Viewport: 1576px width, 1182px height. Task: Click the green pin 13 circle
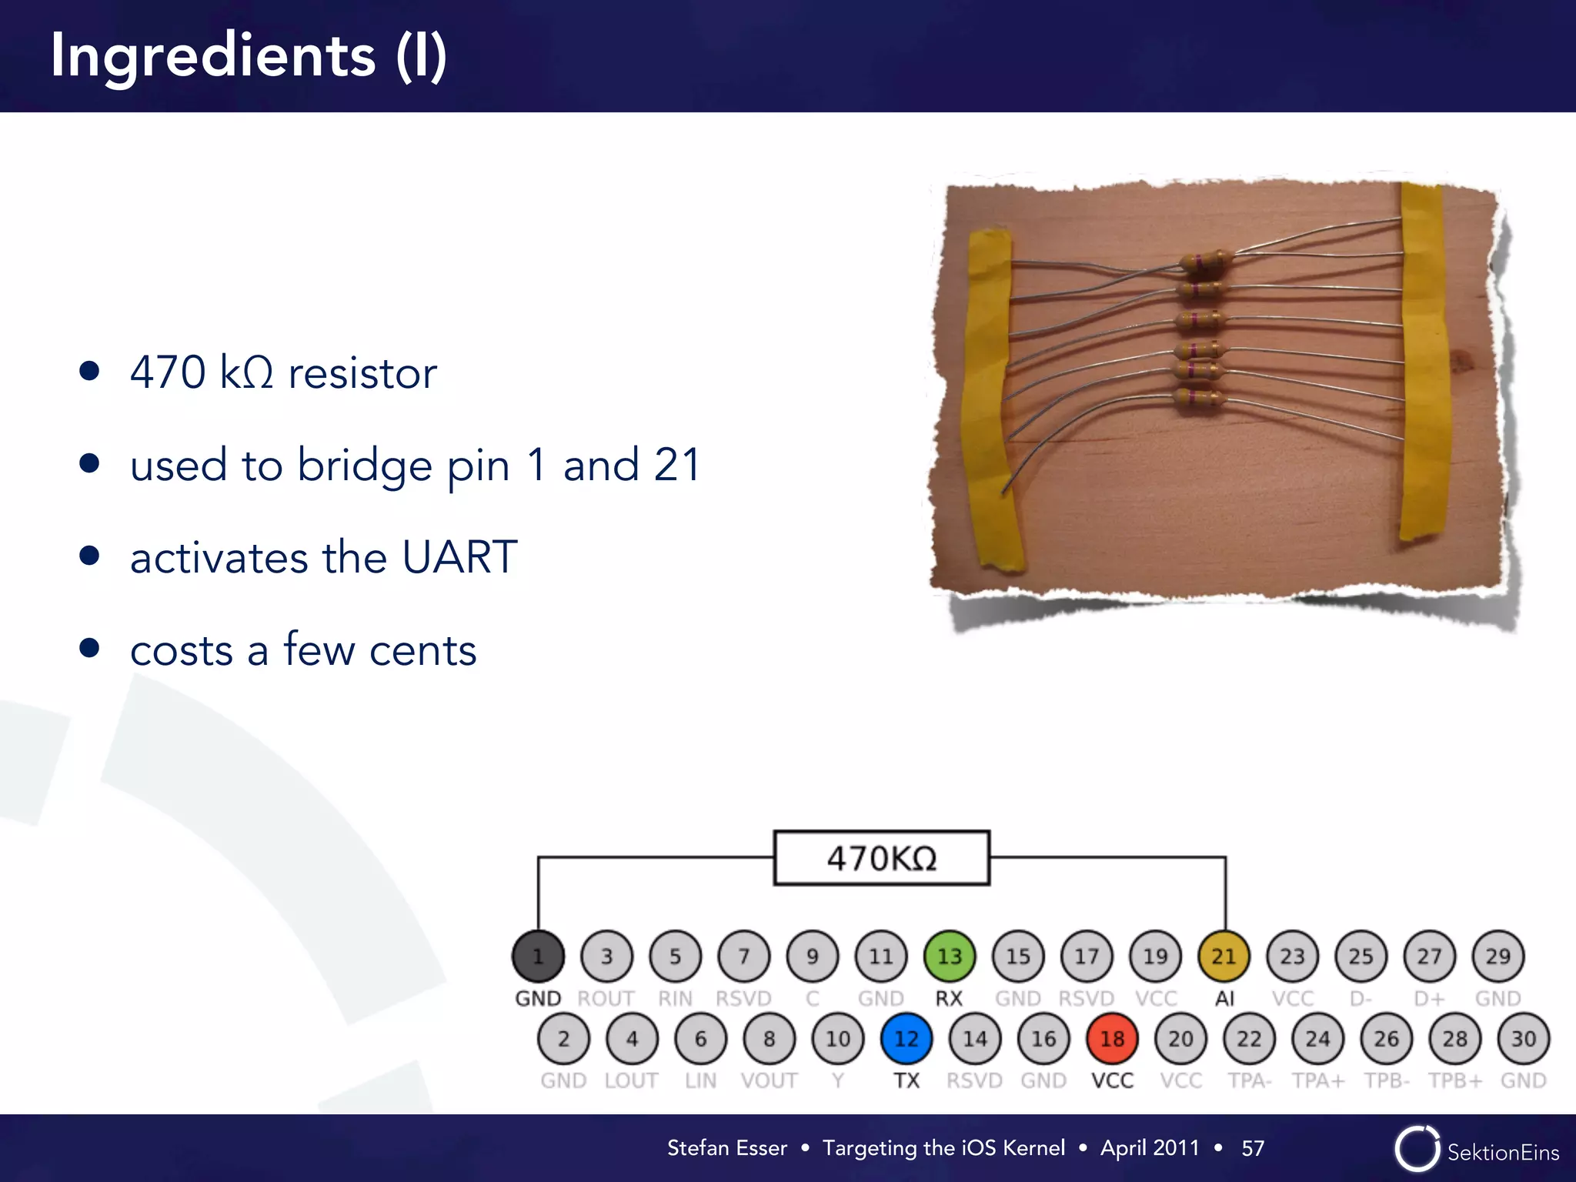pyautogui.click(x=950, y=957)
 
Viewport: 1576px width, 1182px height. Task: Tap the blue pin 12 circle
pyautogui.click(x=907, y=1039)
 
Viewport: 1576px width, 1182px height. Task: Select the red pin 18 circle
pyautogui.click(x=1113, y=1039)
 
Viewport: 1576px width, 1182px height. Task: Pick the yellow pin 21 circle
pyautogui.click(x=1224, y=957)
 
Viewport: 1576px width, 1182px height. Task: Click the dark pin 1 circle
pyautogui.click(x=538, y=957)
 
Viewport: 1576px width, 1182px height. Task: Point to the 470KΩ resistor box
pyautogui.click(x=881, y=858)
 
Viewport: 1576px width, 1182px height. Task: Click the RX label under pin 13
pyautogui.click(x=949, y=999)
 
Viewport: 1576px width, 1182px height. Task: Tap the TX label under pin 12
pyautogui.click(x=907, y=1081)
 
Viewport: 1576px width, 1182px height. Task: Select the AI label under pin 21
pyautogui.click(x=1224, y=999)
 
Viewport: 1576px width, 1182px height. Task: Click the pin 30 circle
pyautogui.click(x=1524, y=1039)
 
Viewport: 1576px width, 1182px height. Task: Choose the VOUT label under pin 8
pyautogui.click(x=769, y=1081)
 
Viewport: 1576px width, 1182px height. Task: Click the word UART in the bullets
pyautogui.click(x=459, y=557)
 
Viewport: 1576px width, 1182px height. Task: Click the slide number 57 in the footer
pyautogui.click(x=1253, y=1148)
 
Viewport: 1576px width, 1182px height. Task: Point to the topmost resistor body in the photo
pyautogui.click(x=1205, y=262)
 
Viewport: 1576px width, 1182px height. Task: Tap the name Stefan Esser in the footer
pyautogui.click(x=727, y=1148)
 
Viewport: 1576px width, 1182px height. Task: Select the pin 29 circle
pyautogui.click(x=1498, y=957)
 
